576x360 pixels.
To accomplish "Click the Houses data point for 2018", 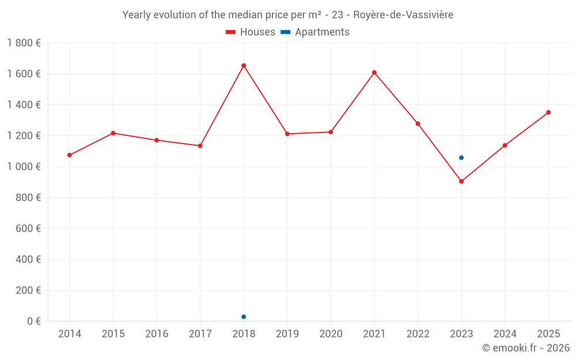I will [244, 66].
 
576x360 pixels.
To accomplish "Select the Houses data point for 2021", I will [374, 73].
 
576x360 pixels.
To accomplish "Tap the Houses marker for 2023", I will [461, 181].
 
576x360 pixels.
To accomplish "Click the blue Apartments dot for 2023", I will [461, 158].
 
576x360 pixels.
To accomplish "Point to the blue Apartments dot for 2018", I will [244, 317].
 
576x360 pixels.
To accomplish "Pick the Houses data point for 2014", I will [70, 155].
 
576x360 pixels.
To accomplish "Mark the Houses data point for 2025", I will [548, 112].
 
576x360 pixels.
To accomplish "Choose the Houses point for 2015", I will [113, 133].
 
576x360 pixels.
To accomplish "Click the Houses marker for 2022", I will [418, 124].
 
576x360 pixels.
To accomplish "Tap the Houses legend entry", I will [251, 32].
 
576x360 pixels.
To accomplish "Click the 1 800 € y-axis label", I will [24, 43].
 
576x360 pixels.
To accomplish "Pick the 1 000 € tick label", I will [24, 166].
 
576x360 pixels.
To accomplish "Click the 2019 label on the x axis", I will [287, 334].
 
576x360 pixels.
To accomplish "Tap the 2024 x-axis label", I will [505, 334].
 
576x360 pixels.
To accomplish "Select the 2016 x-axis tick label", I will [157, 334].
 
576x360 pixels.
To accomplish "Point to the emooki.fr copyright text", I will [526, 348].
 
